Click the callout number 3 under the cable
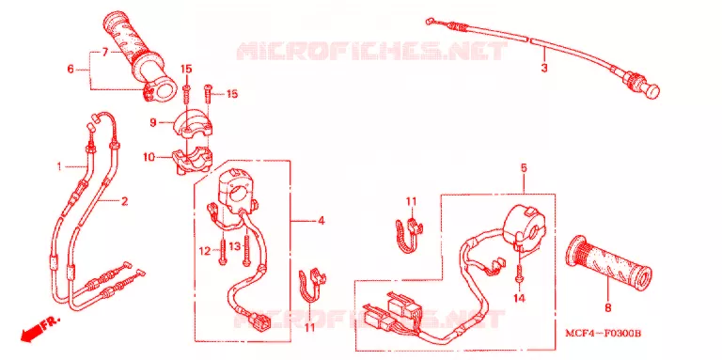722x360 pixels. coord(544,68)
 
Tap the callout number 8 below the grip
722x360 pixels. coord(608,308)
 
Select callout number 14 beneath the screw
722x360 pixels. coord(519,299)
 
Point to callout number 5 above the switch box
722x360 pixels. coord(524,168)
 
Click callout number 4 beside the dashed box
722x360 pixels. coord(321,221)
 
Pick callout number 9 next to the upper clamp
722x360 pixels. coord(153,122)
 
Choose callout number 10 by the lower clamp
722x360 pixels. coord(149,158)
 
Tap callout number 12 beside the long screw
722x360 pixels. coord(204,251)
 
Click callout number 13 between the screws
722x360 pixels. coord(235,247)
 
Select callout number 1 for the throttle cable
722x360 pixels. coord(59,166)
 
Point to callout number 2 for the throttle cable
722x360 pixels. coord(124,201)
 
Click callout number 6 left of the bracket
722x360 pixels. coord(71,69)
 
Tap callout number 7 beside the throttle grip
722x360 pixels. coord(105,52)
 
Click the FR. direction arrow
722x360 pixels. coord(40,329)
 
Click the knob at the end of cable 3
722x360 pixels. coord(652,90)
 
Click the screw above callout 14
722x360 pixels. coord(519,271)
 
